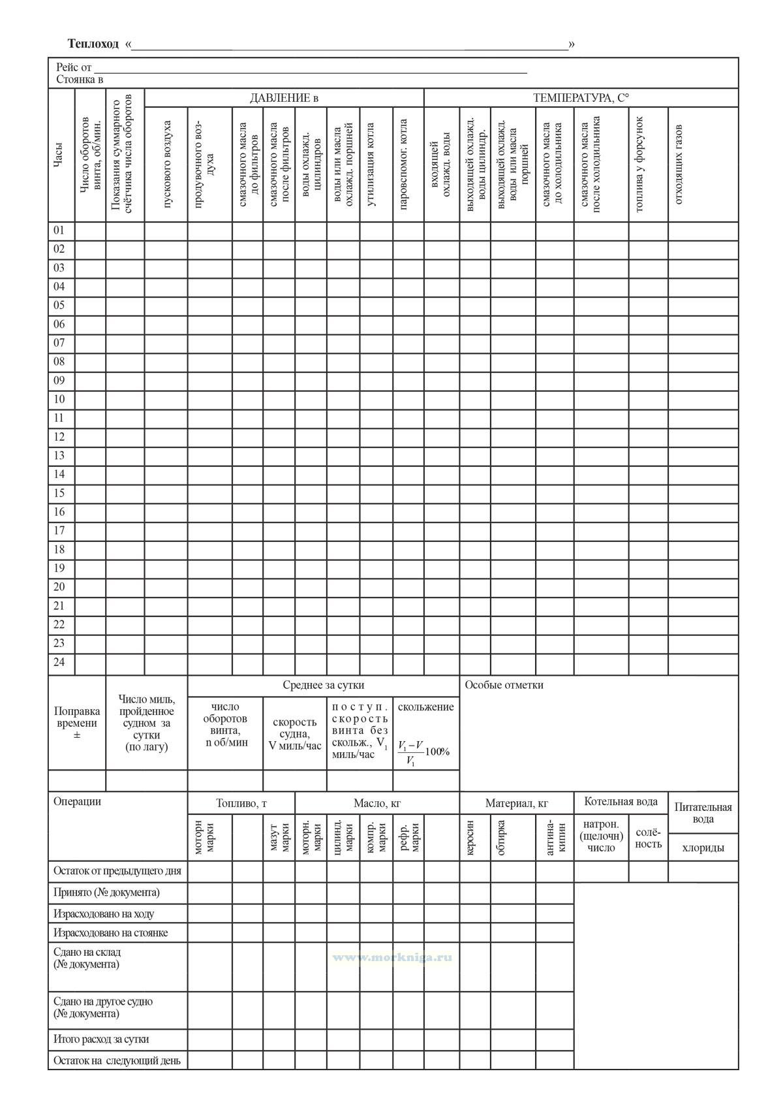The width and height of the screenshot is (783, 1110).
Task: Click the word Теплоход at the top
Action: (x=93, y=44)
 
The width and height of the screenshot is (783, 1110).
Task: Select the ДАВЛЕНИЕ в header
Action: (x=284, y=98)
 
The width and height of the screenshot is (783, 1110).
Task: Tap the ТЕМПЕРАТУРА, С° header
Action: (x=581, y=98)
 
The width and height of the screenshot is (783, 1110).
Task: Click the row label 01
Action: (x=59, y=230)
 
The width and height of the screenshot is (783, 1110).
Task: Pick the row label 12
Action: (x=59, y=437)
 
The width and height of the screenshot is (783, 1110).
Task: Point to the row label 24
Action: (x=59, y=662)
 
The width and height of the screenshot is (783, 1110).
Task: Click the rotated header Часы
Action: (x=59, y=155)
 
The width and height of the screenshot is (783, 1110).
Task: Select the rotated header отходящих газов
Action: (x=678, y=165)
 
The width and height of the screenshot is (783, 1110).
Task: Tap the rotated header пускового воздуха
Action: (x=166, y=165)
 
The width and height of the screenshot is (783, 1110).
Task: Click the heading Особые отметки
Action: (x=504, y=685)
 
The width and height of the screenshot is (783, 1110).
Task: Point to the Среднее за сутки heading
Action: (x=323, y=685)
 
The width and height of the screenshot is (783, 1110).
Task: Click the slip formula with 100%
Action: (x=424, y=752)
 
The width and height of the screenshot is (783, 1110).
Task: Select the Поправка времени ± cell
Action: (x=77, y=723)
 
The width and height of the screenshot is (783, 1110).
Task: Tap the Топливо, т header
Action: (x=241, y=804)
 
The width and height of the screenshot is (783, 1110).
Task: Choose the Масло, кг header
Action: (x=377, y=804)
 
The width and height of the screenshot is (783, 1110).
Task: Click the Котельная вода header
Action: (x=621, y=802)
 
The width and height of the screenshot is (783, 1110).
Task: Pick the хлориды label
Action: (x=703, y=848)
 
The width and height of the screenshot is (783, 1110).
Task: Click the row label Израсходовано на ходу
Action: (x=104, y=913)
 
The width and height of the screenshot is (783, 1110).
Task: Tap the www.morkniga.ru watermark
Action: (x=392, y=957)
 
